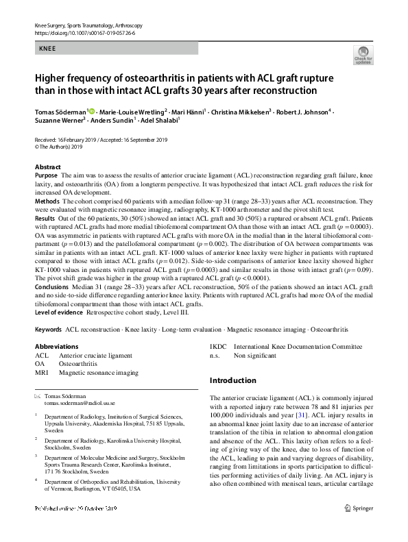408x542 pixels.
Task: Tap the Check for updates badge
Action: coord(361,56)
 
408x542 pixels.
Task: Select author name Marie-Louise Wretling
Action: coord(132,111)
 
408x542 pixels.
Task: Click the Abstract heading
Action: coord(48,167)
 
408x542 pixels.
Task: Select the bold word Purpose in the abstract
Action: coord(47,175)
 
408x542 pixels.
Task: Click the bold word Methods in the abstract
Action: coord(47,201)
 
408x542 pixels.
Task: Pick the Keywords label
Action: coord(48,329)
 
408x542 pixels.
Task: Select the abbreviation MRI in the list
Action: coord(42,373)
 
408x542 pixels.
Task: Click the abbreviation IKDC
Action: coord(219,347)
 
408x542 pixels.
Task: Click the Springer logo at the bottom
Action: coord(360,528)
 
